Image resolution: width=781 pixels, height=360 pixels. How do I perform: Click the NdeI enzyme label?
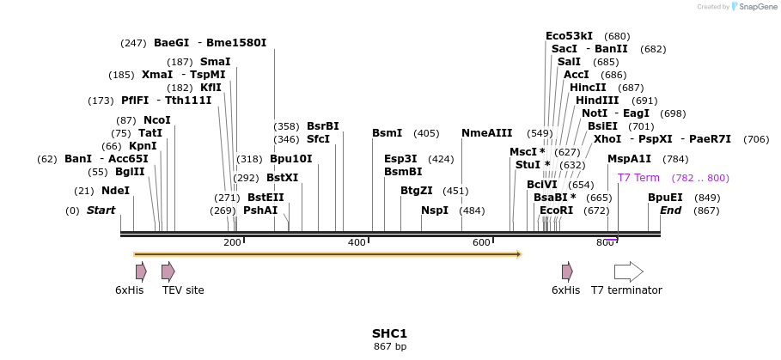(x=115, y=191)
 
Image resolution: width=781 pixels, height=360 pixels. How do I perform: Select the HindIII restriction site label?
(x=609, y=101)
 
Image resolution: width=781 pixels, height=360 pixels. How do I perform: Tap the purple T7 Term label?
(x=638, y=178)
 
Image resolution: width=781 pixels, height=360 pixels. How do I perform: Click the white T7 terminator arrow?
(x=629, y=272)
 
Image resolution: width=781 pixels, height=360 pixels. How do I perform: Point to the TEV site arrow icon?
(x=168, y=272)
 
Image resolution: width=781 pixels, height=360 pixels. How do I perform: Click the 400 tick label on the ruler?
(x=357, y=243)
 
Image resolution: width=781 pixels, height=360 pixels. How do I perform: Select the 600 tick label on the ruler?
(x=481, y=243)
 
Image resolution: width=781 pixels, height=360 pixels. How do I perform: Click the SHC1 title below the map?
(x=389, y=333)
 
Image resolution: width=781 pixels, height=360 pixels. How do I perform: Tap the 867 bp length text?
(x=389, y=347)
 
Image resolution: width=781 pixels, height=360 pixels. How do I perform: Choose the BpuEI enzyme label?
(x=665, y=197)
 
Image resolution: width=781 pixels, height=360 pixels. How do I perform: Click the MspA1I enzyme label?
(x=629, y=159)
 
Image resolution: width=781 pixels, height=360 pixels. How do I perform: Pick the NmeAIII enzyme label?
(x=486, y=133)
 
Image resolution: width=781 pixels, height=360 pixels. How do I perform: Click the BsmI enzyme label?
(x=387, y=133)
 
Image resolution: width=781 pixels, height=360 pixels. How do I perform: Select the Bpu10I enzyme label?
(x=290, y=159)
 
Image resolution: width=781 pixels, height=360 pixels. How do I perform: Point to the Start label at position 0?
(x=101, y=211)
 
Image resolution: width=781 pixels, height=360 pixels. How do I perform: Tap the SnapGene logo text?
(x=757, y=7)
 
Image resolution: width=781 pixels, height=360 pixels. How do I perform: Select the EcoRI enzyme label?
(x=556, y=211)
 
